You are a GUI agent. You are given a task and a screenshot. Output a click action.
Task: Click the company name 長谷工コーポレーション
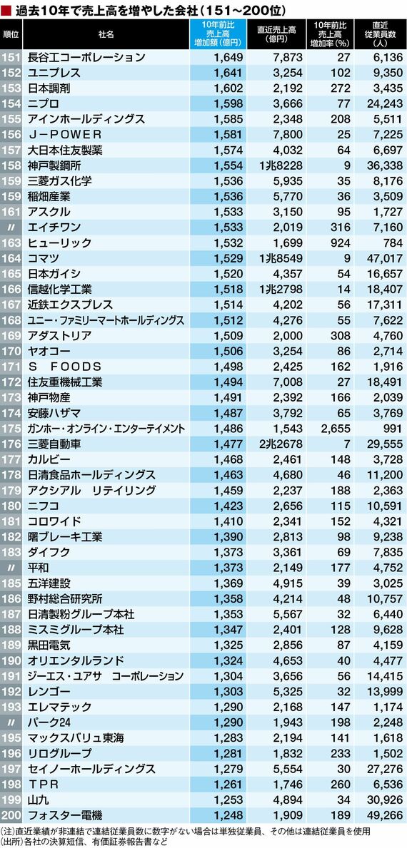86,57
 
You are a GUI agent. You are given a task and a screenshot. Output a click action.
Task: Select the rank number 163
11,242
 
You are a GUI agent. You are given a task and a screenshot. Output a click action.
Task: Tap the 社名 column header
106,34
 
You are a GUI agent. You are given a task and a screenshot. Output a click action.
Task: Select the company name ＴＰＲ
43,784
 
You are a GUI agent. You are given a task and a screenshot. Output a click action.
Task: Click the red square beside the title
6,10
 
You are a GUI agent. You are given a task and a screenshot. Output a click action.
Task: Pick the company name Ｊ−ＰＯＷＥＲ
64,134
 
